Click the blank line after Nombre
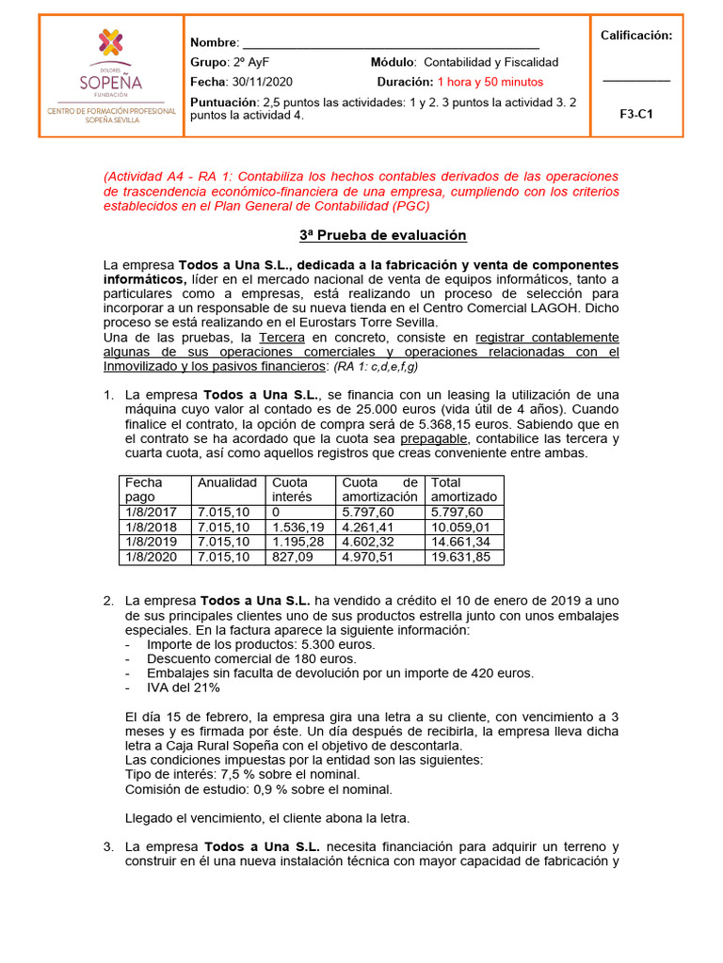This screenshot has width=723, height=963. (391, 45)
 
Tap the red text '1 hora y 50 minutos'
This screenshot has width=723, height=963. (490, 82)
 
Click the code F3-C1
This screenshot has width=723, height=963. (636, 114)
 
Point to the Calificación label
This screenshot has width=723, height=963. (636, 36)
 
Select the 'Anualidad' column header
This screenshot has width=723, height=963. (226, 482)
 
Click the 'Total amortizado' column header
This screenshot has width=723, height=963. (464, 489)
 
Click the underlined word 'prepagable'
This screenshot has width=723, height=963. (432, 439)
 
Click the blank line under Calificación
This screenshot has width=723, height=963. (636, 81)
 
